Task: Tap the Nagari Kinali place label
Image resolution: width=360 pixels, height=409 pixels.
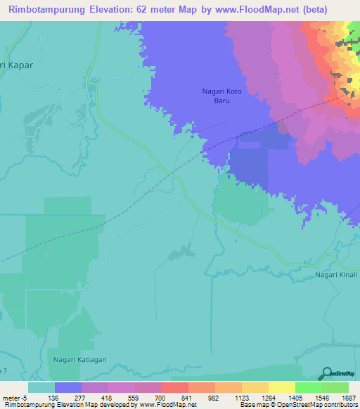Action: [336, 275]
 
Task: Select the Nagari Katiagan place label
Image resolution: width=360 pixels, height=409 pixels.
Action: [79, 359]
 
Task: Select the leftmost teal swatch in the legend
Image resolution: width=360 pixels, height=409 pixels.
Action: [41, 387]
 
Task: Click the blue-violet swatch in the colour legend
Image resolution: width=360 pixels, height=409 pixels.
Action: [67, 387]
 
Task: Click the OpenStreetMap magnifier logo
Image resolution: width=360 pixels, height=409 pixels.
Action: [326, 374]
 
